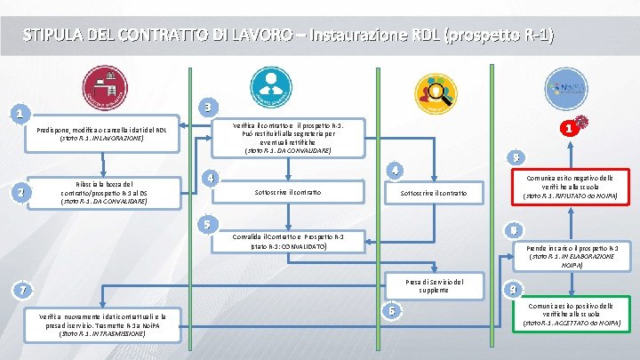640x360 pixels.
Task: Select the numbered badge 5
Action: (x=206, y=223)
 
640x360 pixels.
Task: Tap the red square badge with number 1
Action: (x=564, y=128)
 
